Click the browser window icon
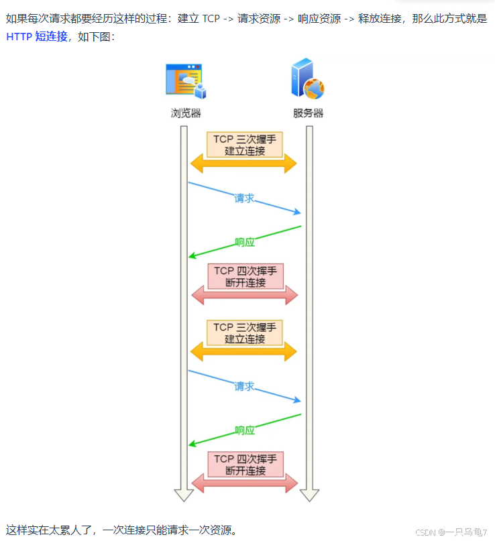185,80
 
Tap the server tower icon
307,79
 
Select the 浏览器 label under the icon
186,113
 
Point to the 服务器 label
308,113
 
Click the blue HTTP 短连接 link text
37,37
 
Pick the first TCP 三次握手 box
245,145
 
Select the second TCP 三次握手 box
245,333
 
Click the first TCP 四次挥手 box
245,276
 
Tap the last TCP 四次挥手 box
245,464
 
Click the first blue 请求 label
244,198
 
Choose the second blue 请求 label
244,386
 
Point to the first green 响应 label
245,242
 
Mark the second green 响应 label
245,430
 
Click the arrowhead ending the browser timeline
184,495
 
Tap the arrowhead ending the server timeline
309,495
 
